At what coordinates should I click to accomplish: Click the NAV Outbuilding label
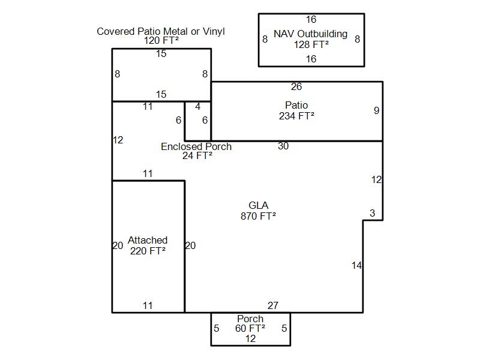pos(310,34)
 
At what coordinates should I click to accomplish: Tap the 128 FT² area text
pos(311,44)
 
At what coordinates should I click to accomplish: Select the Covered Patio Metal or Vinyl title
pos(161,31)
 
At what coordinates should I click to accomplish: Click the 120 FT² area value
pos(161,40)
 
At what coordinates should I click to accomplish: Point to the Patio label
pos(296,105)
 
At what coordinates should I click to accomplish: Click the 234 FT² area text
pos(296,116)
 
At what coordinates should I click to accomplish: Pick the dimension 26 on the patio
pos(296,86)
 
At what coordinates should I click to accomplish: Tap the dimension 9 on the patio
pos(377,110)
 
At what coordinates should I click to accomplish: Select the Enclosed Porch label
pos(196,146)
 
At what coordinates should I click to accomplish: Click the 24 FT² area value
pos(197,155)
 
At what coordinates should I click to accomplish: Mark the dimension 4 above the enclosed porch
pos(198,107)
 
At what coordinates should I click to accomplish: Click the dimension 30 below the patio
pos(283,146)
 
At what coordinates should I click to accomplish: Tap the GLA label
pos(259,205)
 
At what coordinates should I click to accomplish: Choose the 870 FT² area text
pos(258,216)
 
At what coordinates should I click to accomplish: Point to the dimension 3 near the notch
pos(372,213)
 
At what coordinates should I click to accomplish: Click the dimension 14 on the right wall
pos(356,265)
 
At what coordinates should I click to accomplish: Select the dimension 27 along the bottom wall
pos(273,305)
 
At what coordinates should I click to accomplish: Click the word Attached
pos(148,240)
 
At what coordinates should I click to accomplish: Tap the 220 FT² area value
pos(148,251)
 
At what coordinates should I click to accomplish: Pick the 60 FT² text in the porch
pos(250,328)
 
